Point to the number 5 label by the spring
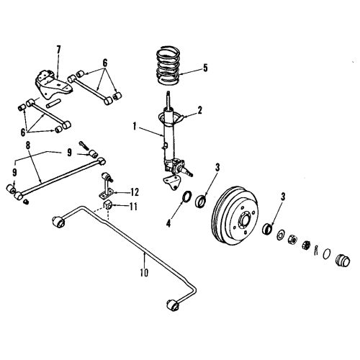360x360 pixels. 204,69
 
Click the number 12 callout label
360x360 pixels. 135,192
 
